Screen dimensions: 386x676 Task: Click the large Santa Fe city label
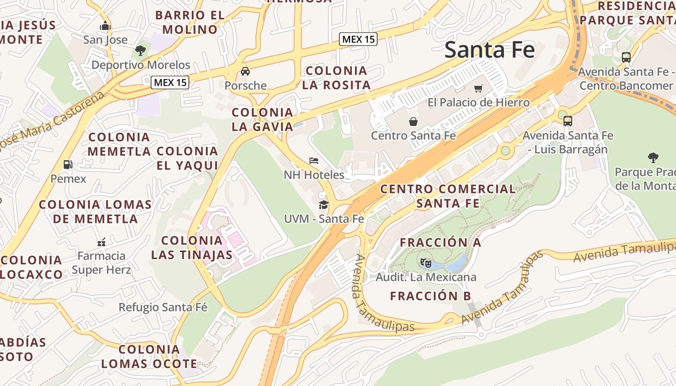(489, 50)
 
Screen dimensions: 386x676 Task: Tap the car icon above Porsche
(245, 71)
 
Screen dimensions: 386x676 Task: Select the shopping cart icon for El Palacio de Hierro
(478, 88)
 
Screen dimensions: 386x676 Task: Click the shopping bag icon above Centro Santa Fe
(413, 121)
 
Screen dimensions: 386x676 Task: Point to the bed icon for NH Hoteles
(314, 160)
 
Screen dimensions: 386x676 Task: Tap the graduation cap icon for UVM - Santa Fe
(324, 205)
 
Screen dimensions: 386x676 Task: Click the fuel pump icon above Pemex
(68, 165)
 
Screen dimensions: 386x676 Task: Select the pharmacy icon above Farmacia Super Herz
(101, 242)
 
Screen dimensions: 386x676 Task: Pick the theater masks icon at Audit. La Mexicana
(425, 263)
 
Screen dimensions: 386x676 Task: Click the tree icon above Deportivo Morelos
(141, 50)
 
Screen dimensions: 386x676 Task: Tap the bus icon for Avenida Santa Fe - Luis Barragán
(568, 121)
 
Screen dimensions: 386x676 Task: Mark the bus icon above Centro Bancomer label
(626, 57)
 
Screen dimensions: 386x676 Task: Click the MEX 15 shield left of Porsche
(169, 83)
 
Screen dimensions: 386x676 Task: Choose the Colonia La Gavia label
(262, 120)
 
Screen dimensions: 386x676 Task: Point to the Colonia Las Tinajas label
(192, 248)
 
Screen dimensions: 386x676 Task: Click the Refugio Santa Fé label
(163, 307)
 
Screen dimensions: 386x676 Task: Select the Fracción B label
(430, 296)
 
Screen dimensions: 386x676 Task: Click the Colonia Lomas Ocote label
(149, 357)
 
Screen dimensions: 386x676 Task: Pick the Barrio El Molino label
(190, 22)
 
